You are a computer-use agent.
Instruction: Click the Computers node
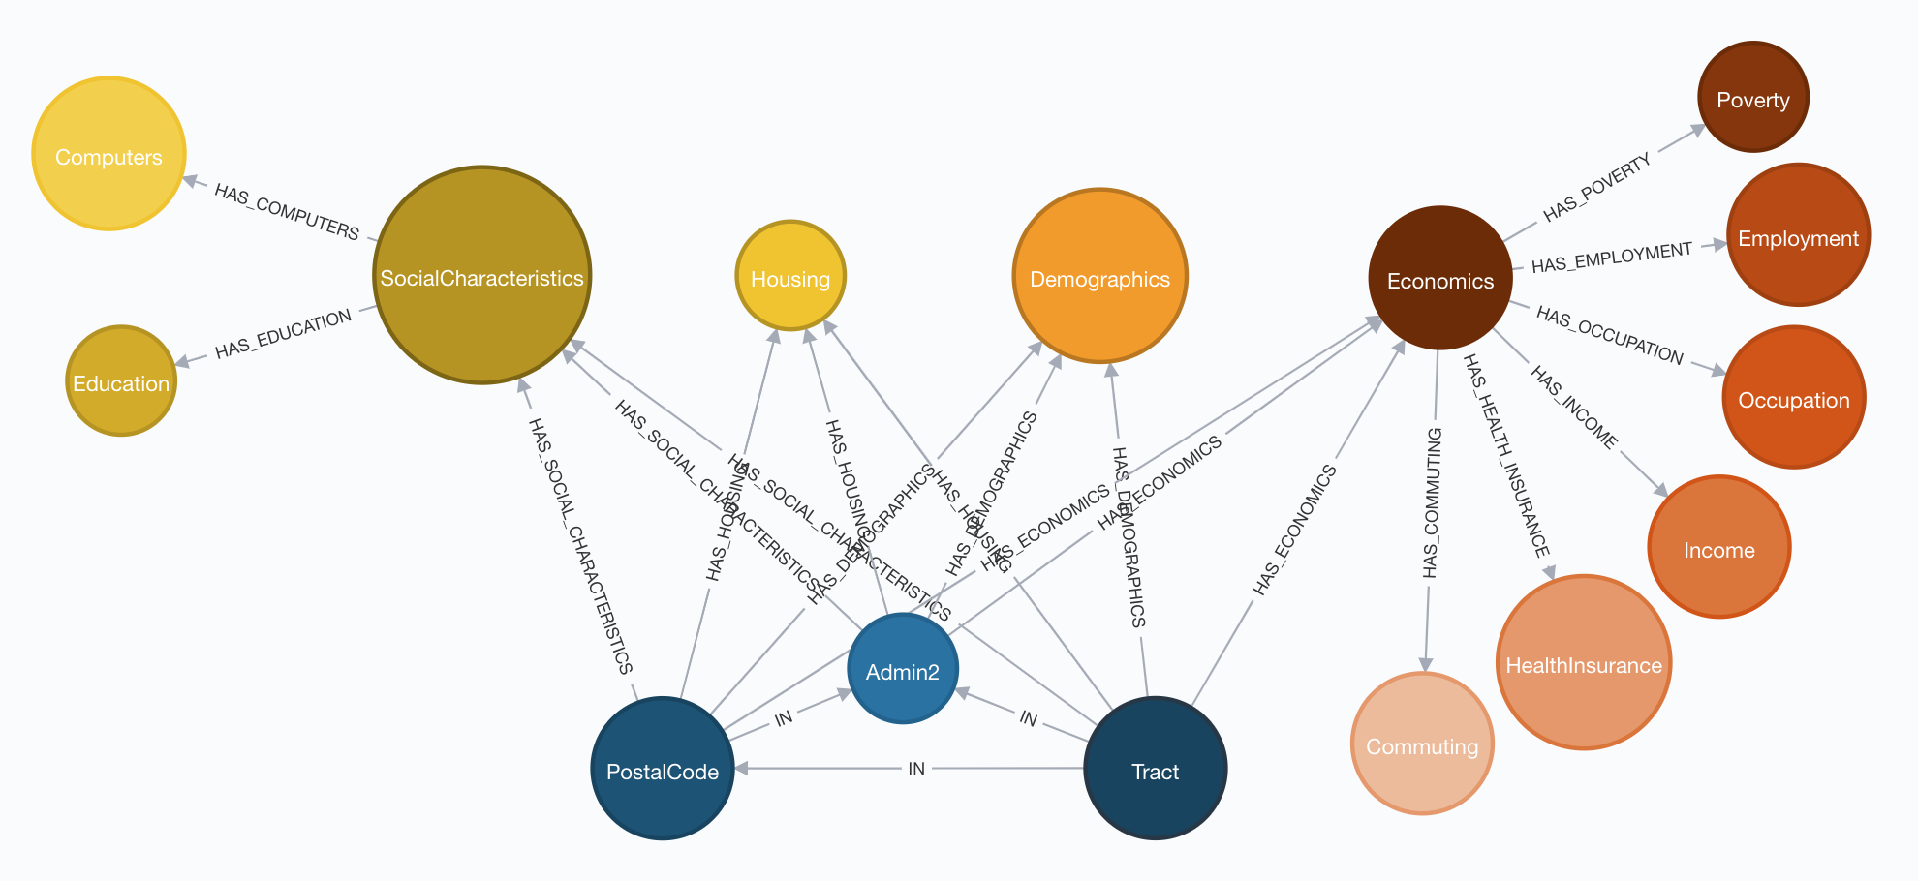point(108,154)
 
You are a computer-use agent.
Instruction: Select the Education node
point(121,380)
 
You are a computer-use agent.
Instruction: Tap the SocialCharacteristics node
point(481,276)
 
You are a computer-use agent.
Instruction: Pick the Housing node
point(790,276)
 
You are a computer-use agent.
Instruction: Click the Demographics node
point(1099,276)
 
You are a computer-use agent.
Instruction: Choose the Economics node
point(1440,278)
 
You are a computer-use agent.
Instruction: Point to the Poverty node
point(1752,97)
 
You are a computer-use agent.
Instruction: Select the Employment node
point(1798,235)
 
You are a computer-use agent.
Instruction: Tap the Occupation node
point(1794,397)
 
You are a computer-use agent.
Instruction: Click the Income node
point(1718,547)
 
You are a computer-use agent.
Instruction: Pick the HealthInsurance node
point(1584,662)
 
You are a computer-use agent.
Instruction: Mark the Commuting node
point(1422,744)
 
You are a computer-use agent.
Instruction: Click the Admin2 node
point(903,669)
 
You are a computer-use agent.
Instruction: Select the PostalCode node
point(663,769)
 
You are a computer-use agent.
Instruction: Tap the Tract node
point(1155,769)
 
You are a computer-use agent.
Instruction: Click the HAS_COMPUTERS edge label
point(287,212)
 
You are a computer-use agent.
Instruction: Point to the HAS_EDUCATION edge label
point(283,334)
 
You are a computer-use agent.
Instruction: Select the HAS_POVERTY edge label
point(1596,187)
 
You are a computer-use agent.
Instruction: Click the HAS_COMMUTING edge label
point(1432,503)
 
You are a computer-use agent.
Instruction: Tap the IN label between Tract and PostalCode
point(916,769)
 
